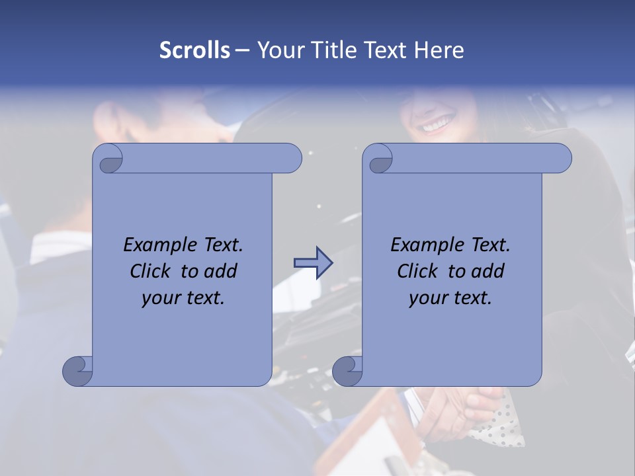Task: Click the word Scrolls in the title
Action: coord(194,50)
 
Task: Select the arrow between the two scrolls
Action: coord(313,262)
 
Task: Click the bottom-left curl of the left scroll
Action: coord(77,371)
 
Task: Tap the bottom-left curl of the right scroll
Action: coord(347,371)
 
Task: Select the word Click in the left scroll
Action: coord(151,271)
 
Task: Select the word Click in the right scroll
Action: coord(419,271)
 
